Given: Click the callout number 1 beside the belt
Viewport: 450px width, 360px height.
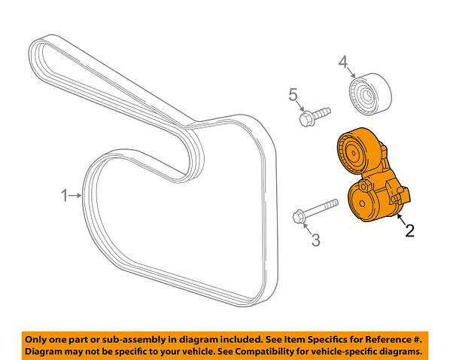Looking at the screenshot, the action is click(x=64, y=196).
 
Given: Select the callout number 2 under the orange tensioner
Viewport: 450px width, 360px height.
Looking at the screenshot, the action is click(x=410, y=230).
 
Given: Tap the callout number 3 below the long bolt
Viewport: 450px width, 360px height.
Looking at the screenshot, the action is click(x=316, y=240).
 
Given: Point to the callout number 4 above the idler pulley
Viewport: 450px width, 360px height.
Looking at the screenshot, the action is click(x=343, y=63).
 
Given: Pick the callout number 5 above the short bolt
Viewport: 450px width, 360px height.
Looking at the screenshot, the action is click(x=293, y=95).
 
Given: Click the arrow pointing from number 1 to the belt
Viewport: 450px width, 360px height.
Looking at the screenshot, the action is click(x=75, y=195).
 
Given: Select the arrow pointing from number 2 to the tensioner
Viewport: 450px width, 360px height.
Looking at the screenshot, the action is click(x=401, y=220).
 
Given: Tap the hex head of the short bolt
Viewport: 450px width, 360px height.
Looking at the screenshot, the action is click(x=306, y=119).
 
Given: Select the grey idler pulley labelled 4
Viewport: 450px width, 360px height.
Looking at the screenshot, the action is click(x=370, y=95).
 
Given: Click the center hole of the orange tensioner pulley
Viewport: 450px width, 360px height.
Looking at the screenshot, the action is click(x=354, y=153).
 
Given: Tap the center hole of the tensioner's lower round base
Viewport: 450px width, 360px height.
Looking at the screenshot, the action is click(x=362, y=203).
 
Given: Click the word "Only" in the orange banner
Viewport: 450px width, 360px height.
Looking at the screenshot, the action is click(x=35, y=340).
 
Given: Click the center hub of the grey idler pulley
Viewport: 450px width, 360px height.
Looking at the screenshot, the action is click(x=366, y=95).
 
